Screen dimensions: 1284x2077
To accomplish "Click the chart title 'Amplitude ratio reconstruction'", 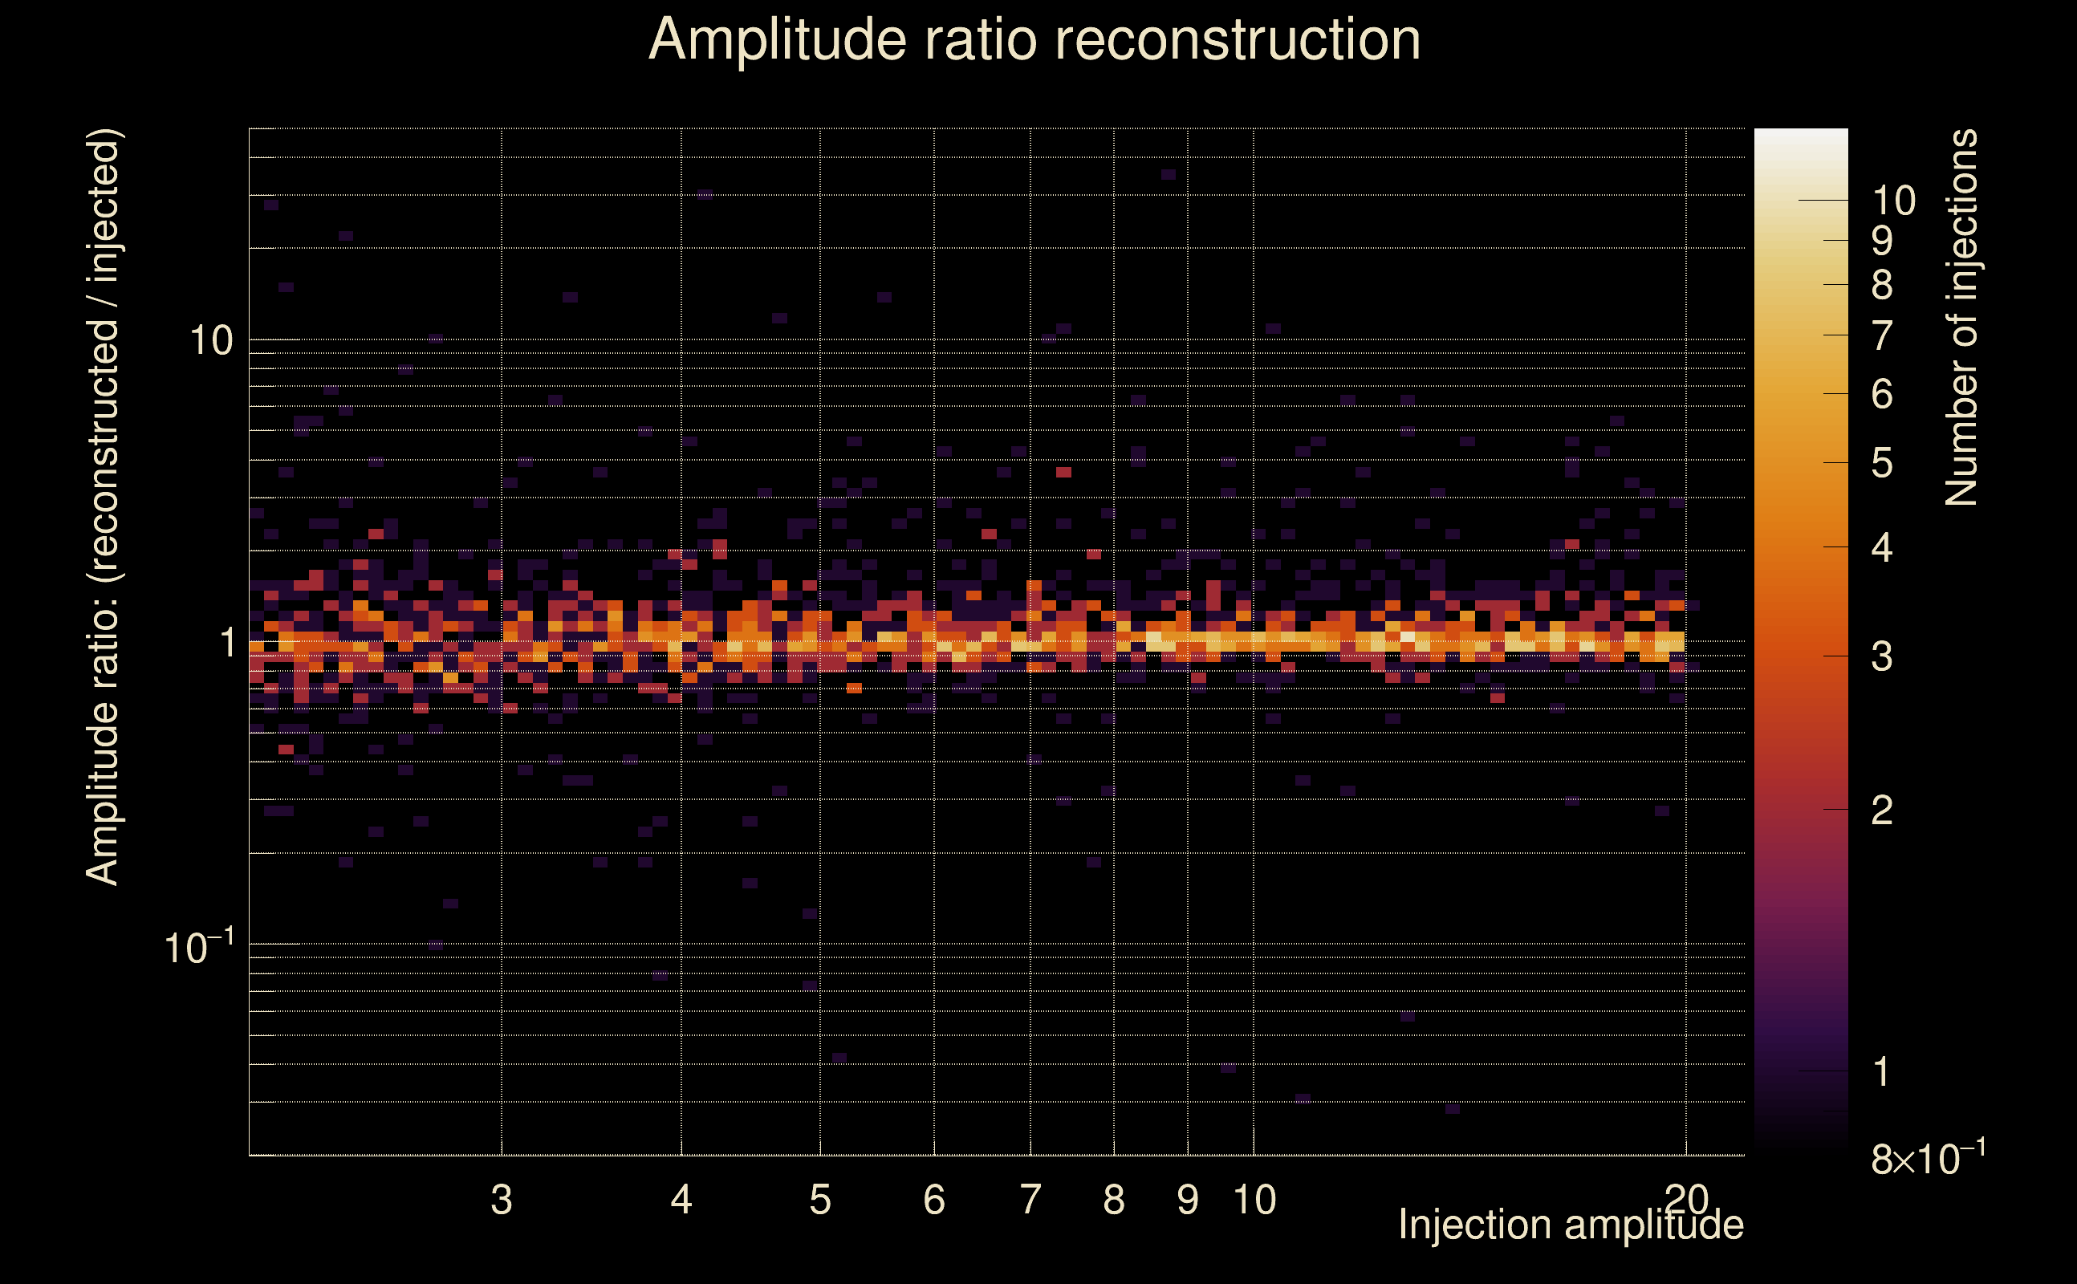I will pos(1034,40).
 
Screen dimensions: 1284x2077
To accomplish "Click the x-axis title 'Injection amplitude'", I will pos(1571,1225).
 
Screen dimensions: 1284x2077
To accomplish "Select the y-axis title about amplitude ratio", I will pos(104,507).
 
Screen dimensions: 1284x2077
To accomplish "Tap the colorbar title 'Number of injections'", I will pos(1961,318).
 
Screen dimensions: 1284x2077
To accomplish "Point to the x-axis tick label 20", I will pos(1686,1199).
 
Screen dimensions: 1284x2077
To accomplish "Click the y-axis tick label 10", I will pos(210,341).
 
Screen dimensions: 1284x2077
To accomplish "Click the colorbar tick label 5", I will pos(1882,464).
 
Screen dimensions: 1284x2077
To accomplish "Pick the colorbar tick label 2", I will pos(1882,811).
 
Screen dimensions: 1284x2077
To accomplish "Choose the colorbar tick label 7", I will pos(1882,336).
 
